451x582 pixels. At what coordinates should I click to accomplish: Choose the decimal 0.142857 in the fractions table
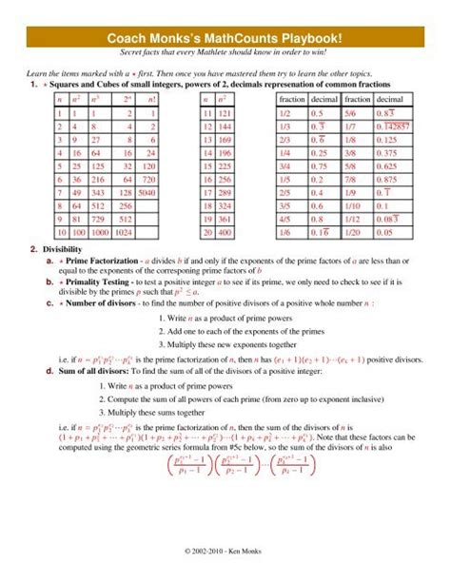[391, 126]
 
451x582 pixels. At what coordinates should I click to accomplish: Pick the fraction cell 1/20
[357, 231]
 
